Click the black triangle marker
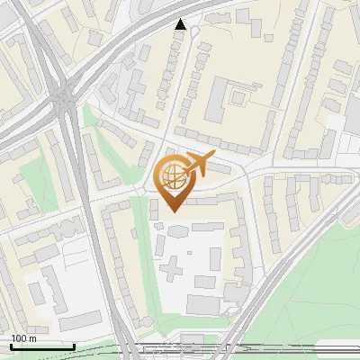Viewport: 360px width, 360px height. pyautogui.click(x=181, y=24)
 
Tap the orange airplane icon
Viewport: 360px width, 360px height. pyautogui.click(x=199, y=165)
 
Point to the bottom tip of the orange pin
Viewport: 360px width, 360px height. pyautogui.click(x=171, y=211)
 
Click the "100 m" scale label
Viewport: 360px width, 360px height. pyautogui.click(x=23, y=338)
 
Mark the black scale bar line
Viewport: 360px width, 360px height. pyautogui.click(x=42, y=346)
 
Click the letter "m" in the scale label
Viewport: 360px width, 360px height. pyautogui.click(x=32, y=338)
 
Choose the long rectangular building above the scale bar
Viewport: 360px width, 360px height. pyautogui.click(x=81, y=320)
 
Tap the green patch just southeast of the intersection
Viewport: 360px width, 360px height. pyautogui.click(x=90, y=121)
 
